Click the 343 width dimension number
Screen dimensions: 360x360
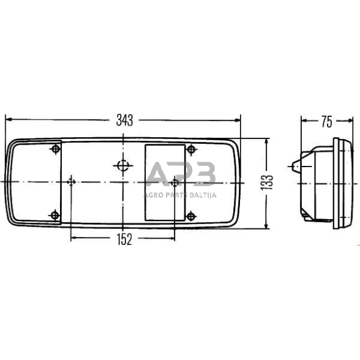(124, 121)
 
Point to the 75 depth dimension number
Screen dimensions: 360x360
(326, 121)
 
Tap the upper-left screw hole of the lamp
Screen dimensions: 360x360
(56, 150)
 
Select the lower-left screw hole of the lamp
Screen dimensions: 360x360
(55, 214)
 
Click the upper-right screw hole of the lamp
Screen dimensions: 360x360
(191, 150)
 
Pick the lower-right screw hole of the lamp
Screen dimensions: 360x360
(191, 215)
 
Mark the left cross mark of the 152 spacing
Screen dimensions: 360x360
(72, 182)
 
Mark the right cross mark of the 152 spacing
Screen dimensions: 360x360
(176, 182)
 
